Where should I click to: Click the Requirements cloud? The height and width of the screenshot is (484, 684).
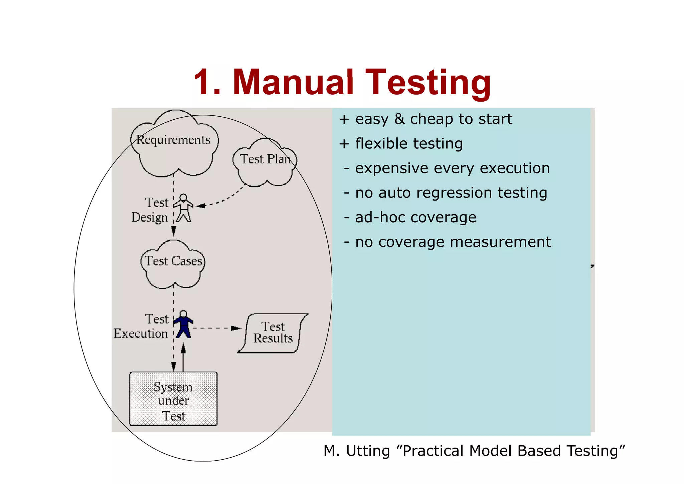174,144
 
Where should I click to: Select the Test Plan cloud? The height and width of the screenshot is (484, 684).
265,162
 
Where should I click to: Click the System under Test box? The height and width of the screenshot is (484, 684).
173,399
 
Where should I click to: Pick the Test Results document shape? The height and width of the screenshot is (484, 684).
273,333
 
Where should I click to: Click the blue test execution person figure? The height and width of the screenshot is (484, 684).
183,325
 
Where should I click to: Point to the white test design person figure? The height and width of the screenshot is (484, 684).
183,208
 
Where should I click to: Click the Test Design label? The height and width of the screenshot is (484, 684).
150,210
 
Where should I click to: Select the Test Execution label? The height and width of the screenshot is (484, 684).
141,326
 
